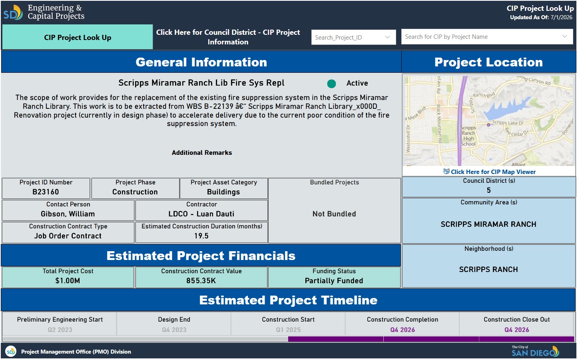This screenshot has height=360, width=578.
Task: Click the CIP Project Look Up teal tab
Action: (x=78, y=37)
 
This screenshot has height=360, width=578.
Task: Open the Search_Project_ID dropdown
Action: (x=353, y=38)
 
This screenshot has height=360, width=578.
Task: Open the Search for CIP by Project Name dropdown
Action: (x=487, y=37)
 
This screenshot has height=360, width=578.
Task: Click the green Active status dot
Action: (x=331, y=84)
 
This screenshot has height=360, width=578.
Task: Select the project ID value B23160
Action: (x=46, y=192)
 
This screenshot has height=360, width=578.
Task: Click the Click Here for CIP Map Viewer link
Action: (x=490, y=172)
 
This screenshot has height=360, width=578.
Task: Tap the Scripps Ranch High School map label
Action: (x=468, y=136)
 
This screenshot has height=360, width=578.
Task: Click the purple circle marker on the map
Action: (x=488, y=125)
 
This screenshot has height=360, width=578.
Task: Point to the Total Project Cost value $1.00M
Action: (x=68, y=281)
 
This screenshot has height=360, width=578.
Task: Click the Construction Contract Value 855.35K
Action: (x=201, y=281)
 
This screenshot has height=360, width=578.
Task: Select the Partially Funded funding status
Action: (x=334, y=281)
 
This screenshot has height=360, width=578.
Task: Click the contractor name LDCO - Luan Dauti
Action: (x=201, y=214)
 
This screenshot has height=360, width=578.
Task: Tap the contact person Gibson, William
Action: (x=68, y=214)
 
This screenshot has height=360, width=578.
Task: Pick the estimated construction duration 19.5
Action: (x=201, y=236)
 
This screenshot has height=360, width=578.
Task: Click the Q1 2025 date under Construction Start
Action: (x=288, y=330)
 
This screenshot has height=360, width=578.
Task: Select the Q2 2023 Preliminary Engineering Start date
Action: (x=60, y=330)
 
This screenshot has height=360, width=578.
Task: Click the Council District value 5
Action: (x=489, y=190)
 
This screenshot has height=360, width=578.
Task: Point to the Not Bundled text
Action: (x=334, y=214)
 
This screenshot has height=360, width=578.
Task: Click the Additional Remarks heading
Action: (x=202, y=153)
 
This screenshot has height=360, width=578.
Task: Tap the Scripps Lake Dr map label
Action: (x=508, y=123)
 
